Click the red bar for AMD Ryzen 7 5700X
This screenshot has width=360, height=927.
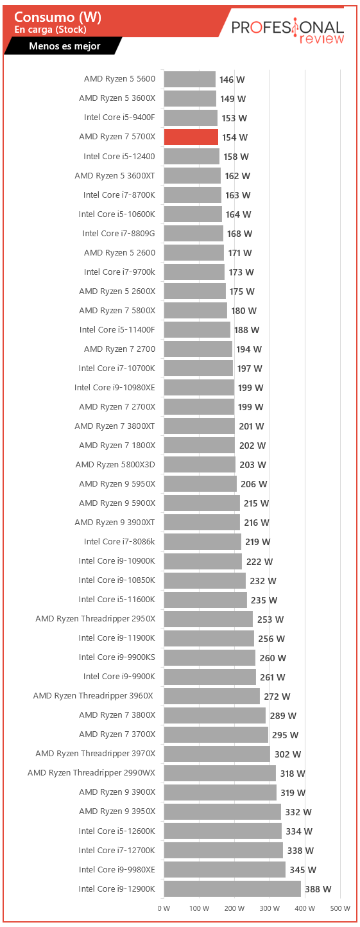tap(191, 137)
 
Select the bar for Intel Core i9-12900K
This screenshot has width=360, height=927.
tap(232, 888)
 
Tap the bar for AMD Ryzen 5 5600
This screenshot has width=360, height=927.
tap(190, 79)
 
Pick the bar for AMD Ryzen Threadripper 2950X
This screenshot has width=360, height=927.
tap(209, 619)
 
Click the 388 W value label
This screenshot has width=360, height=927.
tap(318, 889)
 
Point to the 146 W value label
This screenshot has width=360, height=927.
tap(232, 80)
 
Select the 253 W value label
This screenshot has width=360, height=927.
tap(271, 619)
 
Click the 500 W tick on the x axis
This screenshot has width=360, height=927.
tap(340, 908)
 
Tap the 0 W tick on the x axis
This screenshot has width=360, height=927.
tap(164, 908)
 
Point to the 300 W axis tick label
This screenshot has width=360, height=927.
tap(270, 908)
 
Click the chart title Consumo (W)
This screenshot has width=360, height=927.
tap(58, 17)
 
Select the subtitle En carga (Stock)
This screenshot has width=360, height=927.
tap(51, 30)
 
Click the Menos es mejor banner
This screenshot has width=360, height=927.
tap(65, 46)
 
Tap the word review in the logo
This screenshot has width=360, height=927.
tap(321, 39)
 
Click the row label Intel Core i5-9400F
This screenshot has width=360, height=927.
tap(119, 117)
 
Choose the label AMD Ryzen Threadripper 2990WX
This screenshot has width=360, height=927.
tap(92, 773)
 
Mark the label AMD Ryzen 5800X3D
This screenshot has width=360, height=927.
tap(115, 465)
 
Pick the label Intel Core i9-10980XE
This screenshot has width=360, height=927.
tap(115, 388)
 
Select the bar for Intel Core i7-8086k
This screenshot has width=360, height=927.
tap(203, 542)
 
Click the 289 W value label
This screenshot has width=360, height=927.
tap(284, 716)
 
